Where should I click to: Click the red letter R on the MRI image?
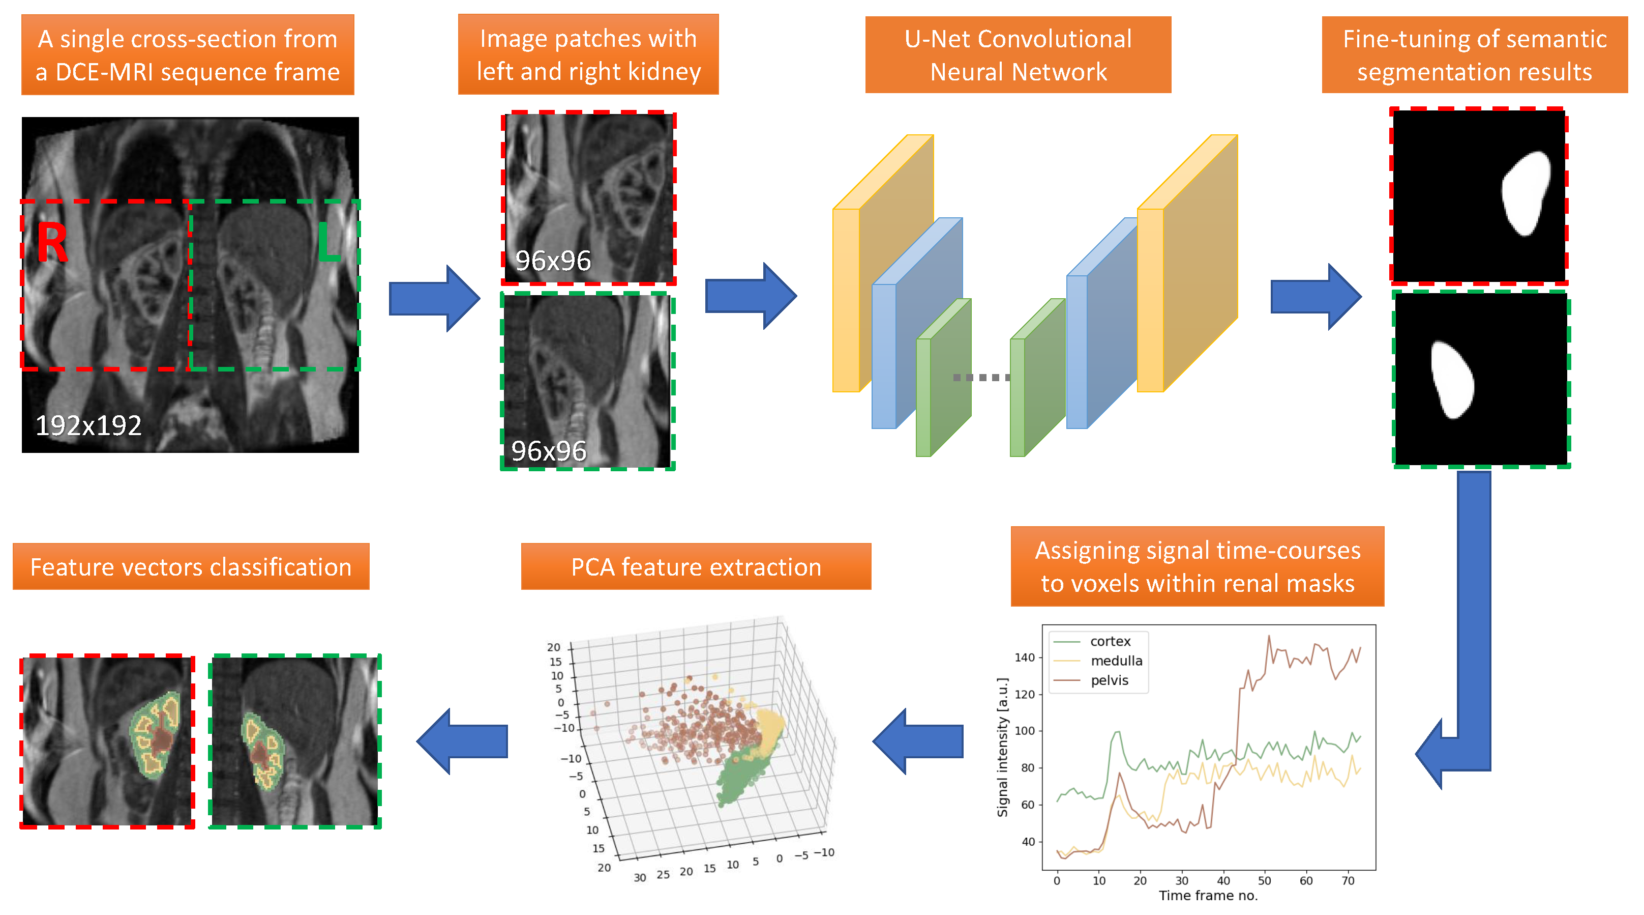coord(52,243)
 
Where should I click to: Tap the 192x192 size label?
coord(88,425)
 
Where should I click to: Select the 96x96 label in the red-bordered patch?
coord(553,261)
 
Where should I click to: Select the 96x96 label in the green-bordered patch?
coord(548,451)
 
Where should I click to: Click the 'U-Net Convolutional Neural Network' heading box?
coord(1018,55)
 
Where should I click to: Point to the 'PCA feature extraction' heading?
coord(696,567)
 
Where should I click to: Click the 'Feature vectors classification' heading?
coord(191,567)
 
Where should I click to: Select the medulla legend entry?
coord(1116,661)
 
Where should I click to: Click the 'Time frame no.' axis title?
coord(1208,895)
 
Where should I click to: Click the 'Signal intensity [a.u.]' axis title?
coord(1002,747)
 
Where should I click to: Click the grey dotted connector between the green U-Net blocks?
coord(981,378)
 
